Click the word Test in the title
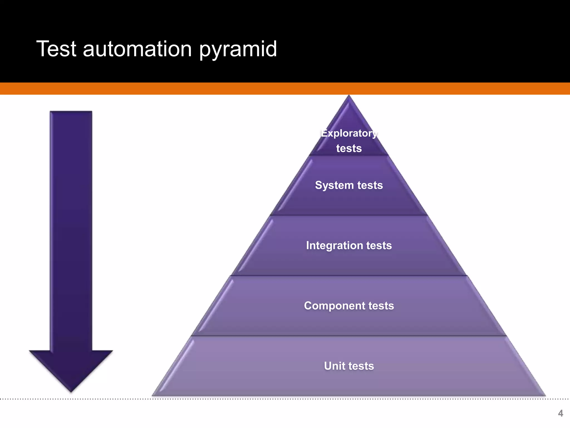click(x=56, y=49)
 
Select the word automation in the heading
click(x=137, y=49)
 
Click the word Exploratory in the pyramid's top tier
click(x=349, y=133)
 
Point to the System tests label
click(x=349, y=185)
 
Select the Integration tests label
click(x=349, y=245)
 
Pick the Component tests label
click(x=349, y=306)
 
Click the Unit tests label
click(x=349, y=366)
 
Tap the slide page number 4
click(x=560, y=413)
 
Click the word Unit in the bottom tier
click(x=334, y=366)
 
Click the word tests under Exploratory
click(x=349, y=149)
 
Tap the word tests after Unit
click(x=361, y=366)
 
